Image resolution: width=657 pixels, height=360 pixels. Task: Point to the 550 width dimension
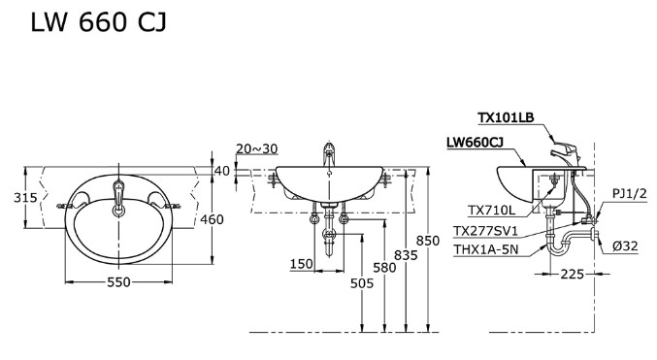click(x=118, y=281)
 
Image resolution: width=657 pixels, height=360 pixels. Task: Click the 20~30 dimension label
click(x=256, y=148)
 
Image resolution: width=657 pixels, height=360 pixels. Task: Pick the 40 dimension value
click(x=222, y=171)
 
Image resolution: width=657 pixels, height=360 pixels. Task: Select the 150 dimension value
click(x=300, y=264)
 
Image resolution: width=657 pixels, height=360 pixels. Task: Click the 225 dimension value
click(x=572, y=275)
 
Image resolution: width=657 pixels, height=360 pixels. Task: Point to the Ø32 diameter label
click(x=625, y=245)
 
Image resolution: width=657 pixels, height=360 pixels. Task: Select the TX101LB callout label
click(x=506, y=118)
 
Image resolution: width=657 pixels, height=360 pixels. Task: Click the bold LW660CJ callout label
click(x=475, y=142)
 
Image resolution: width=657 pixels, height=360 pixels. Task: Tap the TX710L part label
click(x=491, y=210)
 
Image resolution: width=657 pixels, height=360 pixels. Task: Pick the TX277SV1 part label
click(x=486, y=230)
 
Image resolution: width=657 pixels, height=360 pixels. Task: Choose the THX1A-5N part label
click(x=486, y=247)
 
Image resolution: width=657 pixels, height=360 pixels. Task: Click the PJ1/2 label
click(x=628, y=194)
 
